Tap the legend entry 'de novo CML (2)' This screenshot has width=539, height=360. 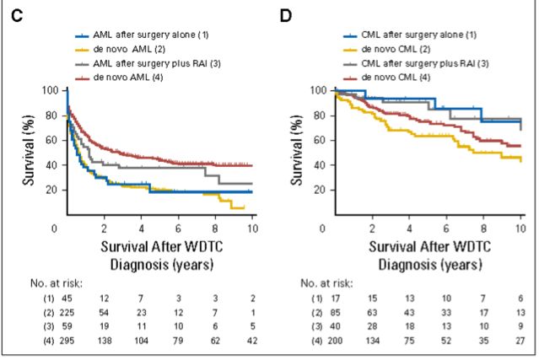395,50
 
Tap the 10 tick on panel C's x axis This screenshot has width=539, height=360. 252,229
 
